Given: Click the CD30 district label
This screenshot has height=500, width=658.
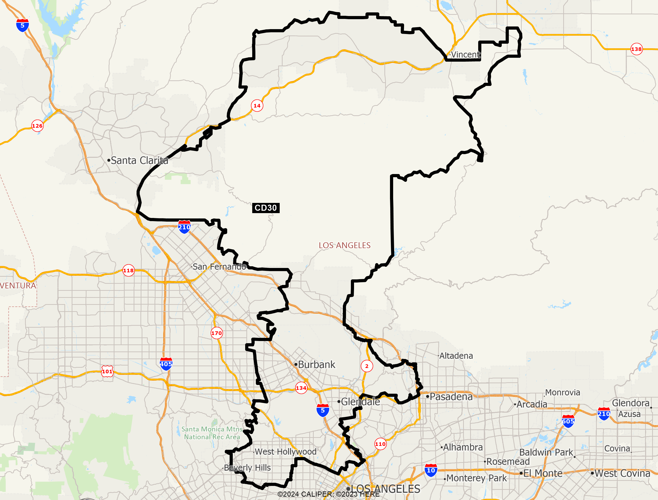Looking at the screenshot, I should coord(266,208).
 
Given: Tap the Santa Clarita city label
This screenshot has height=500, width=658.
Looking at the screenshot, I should coord(139,160).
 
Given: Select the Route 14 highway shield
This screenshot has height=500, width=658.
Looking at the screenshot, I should coord(257,106).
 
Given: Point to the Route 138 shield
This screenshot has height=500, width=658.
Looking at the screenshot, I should coord(636,49).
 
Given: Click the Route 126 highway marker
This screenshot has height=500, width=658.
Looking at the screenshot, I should coord(37,126).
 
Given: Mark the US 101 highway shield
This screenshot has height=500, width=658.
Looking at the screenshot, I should coord(107,371).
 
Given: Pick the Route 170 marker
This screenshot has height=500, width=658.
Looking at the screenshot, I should coord(216,333).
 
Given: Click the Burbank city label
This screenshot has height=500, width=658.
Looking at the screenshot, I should coord(316,365).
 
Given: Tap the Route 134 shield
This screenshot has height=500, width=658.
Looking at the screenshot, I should coord(301,388).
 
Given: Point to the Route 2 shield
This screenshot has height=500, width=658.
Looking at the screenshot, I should coord(367,366).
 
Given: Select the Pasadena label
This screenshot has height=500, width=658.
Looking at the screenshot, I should coord(451,397).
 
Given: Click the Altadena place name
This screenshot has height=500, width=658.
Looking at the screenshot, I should coord(456,356).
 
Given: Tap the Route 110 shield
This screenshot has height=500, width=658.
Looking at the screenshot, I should coord(380,444).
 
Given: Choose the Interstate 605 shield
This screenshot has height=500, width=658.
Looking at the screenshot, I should coord(568,421).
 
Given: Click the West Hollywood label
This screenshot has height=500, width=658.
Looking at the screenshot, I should coord(285,451).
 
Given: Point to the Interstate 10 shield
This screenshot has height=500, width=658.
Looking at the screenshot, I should coord(431,470).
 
